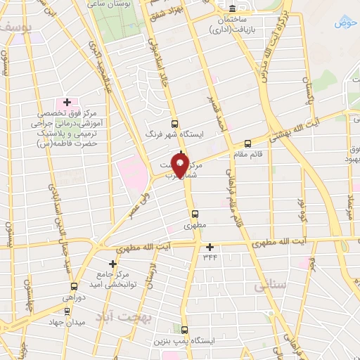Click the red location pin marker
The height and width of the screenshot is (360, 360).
(181, 166)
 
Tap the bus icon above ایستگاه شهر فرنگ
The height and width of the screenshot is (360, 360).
(174, 123)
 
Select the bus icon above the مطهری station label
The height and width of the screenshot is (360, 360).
(195, 214)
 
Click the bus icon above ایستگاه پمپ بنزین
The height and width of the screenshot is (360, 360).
(184, 329)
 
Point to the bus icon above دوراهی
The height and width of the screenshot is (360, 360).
(75, 286)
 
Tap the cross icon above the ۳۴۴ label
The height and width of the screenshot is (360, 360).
(209, 247)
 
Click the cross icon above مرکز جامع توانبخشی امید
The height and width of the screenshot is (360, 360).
(112, 263)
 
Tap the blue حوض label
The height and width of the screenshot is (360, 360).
(342, 23)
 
